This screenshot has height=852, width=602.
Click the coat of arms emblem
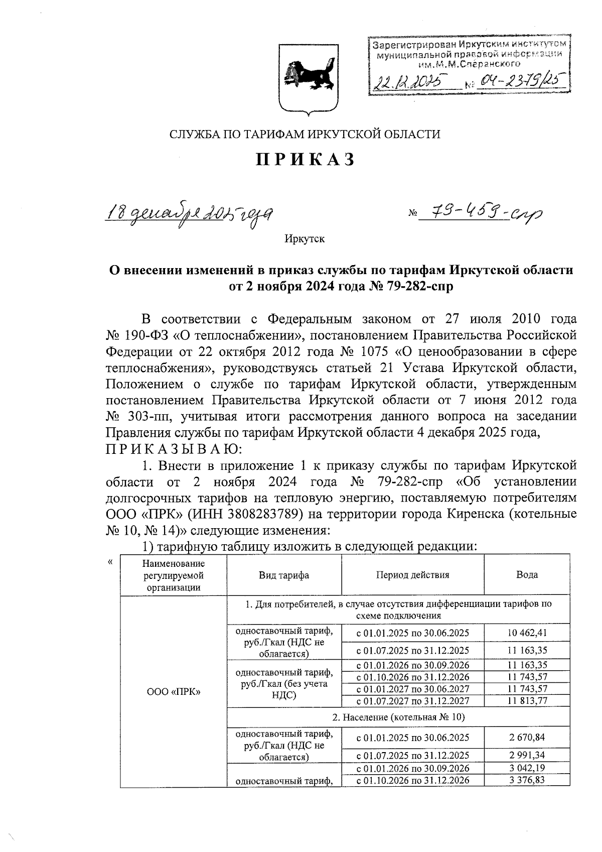point(307,78)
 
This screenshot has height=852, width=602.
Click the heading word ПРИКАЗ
point(306,159)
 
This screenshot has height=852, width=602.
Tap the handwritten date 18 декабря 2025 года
point(191,216)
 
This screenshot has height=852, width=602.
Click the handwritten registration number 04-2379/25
point(519,80)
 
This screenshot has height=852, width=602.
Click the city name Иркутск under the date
point(305,238)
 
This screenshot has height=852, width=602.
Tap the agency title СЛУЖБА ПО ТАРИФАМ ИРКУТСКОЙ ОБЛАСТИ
point(306,134)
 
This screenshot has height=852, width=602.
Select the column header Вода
point(527,575)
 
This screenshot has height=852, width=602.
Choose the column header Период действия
point(412,575)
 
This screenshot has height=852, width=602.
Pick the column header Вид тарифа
point(284,575)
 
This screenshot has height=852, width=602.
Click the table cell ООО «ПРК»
point(174,692)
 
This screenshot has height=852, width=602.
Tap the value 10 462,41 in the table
point(527,633)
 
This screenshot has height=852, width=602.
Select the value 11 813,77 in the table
point(527,700)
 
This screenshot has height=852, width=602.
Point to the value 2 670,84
point(527,738)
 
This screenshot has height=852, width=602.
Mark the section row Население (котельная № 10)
point(398,717)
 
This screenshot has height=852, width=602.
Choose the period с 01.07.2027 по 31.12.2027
point(412,700)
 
